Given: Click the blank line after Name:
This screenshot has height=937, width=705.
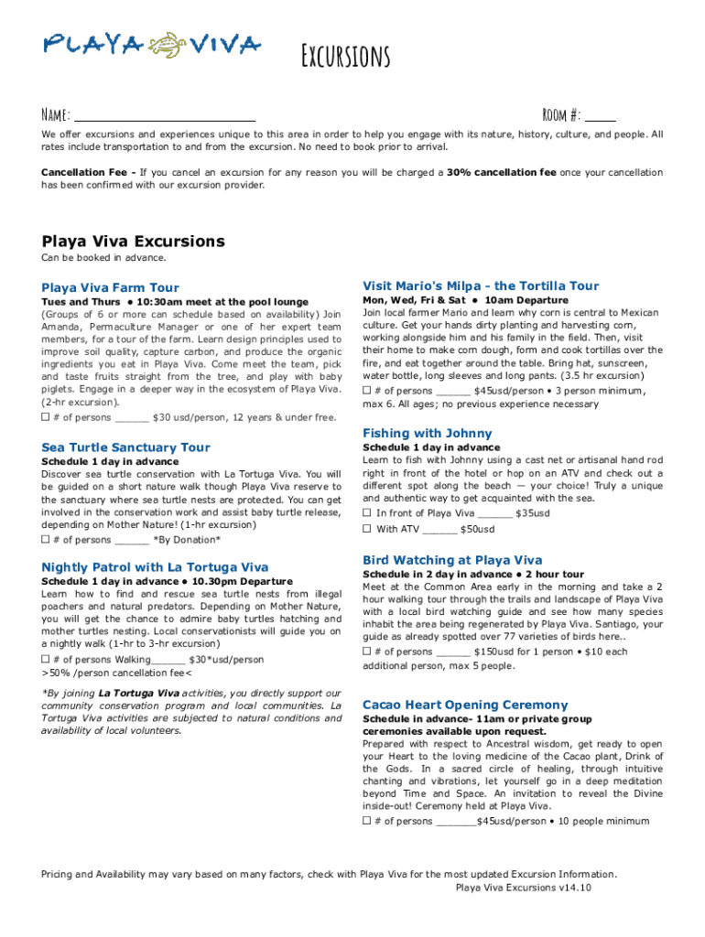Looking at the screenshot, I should point(164,116).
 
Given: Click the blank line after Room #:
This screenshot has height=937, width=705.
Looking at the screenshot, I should point(600,116).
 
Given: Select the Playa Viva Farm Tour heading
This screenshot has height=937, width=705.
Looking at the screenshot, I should point(110,287).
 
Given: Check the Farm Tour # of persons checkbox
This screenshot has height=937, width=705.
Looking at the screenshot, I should point(46,417).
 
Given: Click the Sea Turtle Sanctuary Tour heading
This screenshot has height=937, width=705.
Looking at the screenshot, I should point(125,447).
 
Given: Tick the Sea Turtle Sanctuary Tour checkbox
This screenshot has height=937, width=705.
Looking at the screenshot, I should point(46,539).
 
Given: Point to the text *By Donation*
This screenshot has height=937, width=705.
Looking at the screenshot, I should point(187,540).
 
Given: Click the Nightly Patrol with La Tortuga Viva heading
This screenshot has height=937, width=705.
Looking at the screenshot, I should point(155,567).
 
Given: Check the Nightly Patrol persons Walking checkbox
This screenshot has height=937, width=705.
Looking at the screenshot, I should point(46,659).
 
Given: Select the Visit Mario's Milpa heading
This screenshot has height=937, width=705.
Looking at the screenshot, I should point(481,285).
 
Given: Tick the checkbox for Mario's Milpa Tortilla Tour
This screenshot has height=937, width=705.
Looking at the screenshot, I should point(367,391).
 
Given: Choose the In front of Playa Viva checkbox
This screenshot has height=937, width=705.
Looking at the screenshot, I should point(367,513).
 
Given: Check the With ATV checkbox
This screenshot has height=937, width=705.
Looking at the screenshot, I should point(367,529).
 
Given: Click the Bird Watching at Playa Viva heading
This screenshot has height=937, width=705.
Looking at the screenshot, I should point(452,560).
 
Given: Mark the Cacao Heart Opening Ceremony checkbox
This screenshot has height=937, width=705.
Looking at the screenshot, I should point(367,821).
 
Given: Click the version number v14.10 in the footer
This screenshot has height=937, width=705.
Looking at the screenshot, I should point(576,888).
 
